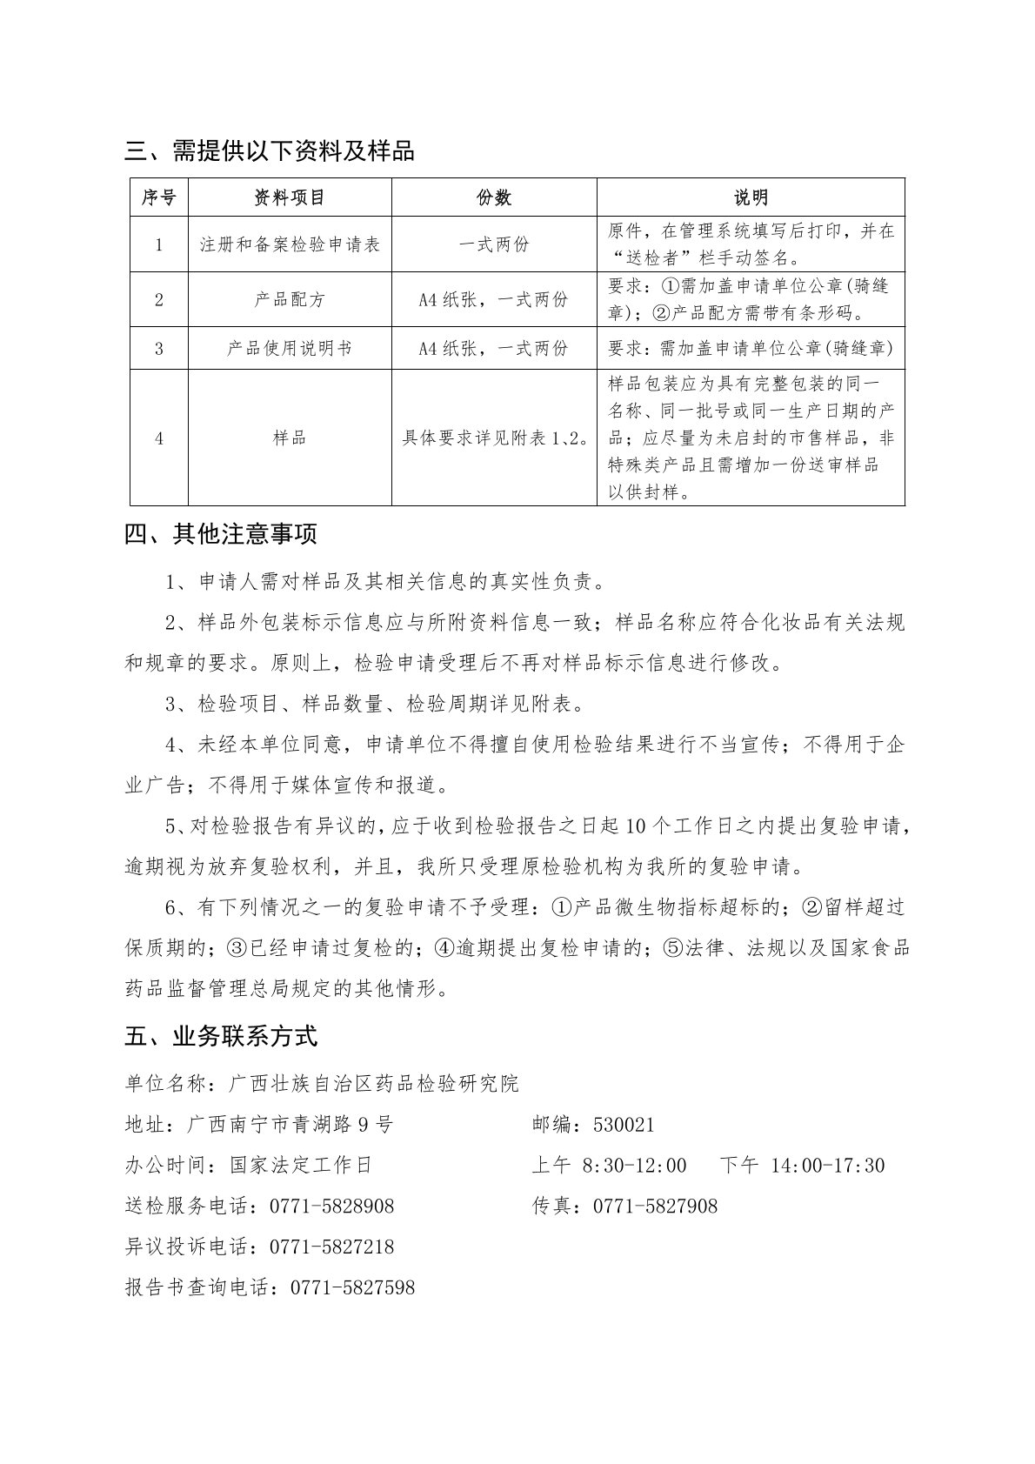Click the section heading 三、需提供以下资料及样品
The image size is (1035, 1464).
pyautogui.click(x=270, y=151)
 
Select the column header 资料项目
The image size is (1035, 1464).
pyautogui.click(x=290, y=197)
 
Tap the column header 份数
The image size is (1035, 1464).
pyautogui.click(x=493, y=197)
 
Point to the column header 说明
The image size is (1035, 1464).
pyautogui.click(x=750, y=197)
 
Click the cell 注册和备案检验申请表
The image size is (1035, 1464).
pyautogui.click(x=290, y=244)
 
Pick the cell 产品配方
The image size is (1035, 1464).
pyautogui.click(x=290, y=299)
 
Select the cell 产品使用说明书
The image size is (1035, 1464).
pyautogui.click(x=290, y=348)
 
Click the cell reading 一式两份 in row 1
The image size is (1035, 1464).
pyautogui.click(x=493, y=244)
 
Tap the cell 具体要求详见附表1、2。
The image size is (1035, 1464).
pyautogui.click(x=493, y=438)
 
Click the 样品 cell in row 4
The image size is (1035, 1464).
pyautogui.click(x=290, y=438)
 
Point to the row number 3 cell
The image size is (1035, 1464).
pyautogui.click(x=159, y=348)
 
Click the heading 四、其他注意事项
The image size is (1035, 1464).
pyautogui.click(x=221, y=534)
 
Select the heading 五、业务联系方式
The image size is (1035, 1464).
pyautogui.click(x=221, y=1036)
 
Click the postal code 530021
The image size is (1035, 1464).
pyautogui.click(x=624, y=1125)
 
